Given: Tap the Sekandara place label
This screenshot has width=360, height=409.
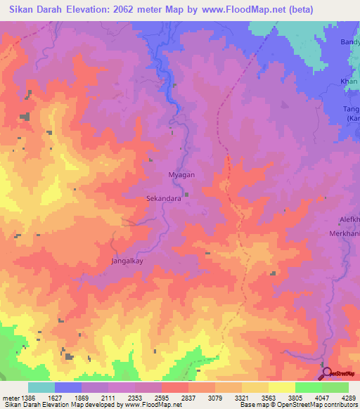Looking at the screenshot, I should [x=164, y=199].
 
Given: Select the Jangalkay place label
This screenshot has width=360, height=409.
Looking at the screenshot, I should [x=128, y=261].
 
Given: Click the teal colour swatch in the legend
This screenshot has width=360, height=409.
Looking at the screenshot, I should [x=41, y=387].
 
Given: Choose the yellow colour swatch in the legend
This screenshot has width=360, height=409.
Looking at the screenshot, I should [x=281, y=387].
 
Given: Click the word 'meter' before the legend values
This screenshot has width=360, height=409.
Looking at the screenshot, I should [x=9, y=397].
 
